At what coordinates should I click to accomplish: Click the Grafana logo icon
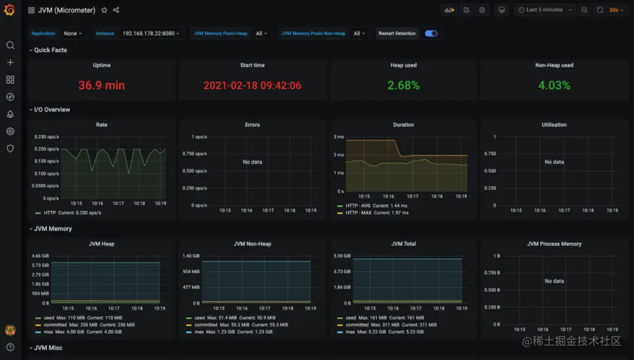9,10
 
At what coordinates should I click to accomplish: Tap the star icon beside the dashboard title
104,10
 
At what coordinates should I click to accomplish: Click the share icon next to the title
116,10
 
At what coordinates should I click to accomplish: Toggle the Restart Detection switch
431,33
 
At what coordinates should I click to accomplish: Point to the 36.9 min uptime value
102,86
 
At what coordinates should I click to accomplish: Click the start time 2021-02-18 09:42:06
252,86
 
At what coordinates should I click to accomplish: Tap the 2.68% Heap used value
403,86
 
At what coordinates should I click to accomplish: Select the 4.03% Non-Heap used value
554,86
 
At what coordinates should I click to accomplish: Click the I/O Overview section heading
52,110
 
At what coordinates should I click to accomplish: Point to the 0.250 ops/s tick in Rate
46,137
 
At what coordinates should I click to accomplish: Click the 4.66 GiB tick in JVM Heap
40,256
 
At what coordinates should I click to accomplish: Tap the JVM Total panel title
403,244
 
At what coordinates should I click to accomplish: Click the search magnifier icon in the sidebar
10,45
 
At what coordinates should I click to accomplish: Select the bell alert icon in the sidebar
10,114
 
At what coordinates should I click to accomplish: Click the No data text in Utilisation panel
554,162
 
